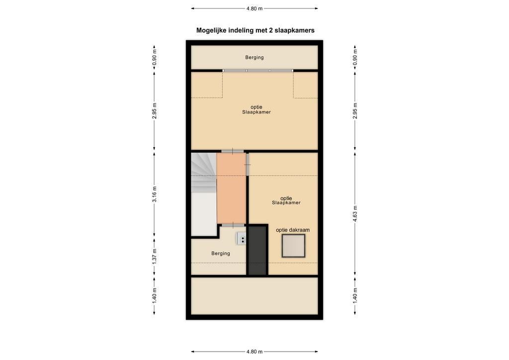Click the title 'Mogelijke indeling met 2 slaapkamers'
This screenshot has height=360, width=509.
[x=255, y=30]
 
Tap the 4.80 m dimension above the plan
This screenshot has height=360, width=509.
[x=254, y=9]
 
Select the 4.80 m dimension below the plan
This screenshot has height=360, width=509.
[x=254, y=352]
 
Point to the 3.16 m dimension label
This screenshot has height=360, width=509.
[x=155, y=194]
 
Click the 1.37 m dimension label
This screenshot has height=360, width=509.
[x=155, y=256]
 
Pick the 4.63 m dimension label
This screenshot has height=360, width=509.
[x=355, y=214]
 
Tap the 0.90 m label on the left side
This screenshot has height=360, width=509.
[x=155, y=57]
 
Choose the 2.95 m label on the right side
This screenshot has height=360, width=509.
[x=355, y=111]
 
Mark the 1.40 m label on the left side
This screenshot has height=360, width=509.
[x=155, y=295]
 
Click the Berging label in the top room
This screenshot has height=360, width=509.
[x=254, y=58]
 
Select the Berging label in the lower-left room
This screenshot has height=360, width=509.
[x=221, y=254]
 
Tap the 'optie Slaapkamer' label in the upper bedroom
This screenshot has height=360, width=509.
[x=256, y=109]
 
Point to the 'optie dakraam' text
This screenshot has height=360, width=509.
[x=293, y=230]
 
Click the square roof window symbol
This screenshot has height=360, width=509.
[x=293, y=246]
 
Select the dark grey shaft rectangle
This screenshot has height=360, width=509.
[x=257, y=250]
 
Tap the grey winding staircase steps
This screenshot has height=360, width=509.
[x=203, y=172]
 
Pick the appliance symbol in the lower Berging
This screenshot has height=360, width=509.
[x=241, y=239]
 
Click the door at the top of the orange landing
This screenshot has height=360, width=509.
[x=233, y=151]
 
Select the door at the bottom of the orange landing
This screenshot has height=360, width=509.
[x=233, y=225]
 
